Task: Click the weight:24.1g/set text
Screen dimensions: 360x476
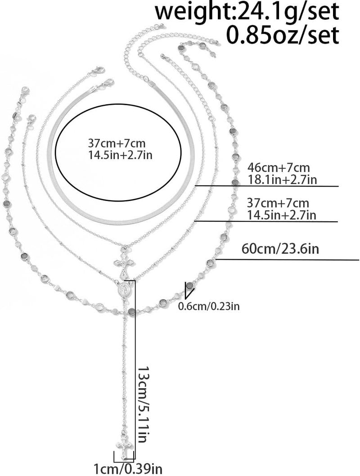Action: (x=247, y=12)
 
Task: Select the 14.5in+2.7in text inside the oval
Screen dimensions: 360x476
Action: (x=120, y=155)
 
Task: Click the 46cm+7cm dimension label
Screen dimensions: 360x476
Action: (x=279, y=167)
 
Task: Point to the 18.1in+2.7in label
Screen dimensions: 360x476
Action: (x=282, y=180)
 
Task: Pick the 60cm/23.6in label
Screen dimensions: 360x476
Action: (x=280, y=249)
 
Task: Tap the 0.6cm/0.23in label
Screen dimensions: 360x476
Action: (x=209, y=306)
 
